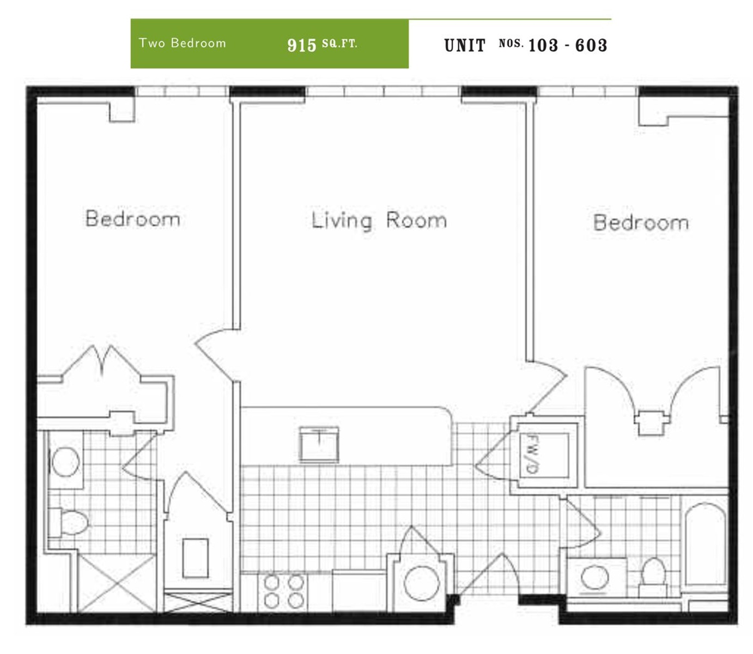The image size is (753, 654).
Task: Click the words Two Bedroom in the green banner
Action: pyautogui.click(x=182, y=43)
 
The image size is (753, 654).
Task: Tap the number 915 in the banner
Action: pyautogui.click(x=301, y=45)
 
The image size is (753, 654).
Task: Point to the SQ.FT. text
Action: pyautogui.click(x=339, y=44)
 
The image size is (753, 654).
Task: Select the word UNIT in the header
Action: pyautogui.click(x=465, y=46)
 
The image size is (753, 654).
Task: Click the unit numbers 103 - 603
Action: pyautogui.click(x=568, y=45)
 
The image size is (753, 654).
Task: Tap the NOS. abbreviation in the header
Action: pyautogui.click(x=511, y=44)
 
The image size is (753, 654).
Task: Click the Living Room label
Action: pyautogui.click(x=379, y=221)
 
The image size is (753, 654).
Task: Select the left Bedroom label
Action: pyautogui.click(x=133, y=218)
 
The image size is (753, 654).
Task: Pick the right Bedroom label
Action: pyautogui.click(x=641, y=222)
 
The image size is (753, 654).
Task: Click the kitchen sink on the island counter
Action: pyautogui.click(x=319, y=444)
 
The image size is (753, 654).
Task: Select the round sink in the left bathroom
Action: pyautogui.click(x=65, y=462)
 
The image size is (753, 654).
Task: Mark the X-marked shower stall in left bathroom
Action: pyautogui.click(x=117, y=584)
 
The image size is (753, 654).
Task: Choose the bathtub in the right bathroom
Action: pyautogui.click(x=705, y=544)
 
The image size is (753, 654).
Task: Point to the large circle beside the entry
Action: pyautogui.click(x=422, y=583)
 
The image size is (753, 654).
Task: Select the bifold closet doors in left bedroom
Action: pyautogui.click(x=101, y=362)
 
